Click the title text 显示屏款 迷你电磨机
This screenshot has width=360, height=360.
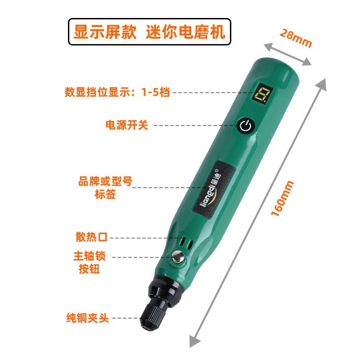(x=149, y=31)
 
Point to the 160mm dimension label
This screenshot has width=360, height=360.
(x=283, y=198)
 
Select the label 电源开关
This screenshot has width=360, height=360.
(x=126, y=125)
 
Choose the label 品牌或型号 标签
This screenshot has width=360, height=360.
(x=105, y=188)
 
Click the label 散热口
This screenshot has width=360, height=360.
(x=92, y=237)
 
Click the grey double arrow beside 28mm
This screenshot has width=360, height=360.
(x=288, y=54)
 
